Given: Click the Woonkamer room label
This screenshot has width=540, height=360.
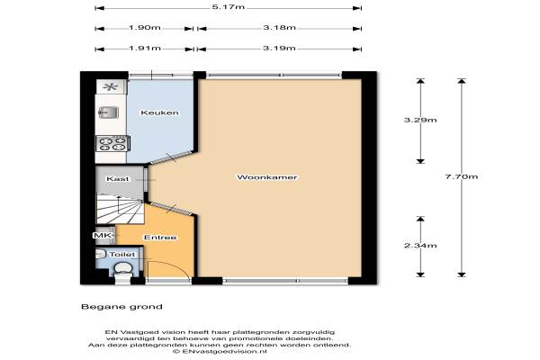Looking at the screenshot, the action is coord(267,177).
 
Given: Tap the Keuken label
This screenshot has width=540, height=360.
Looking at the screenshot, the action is coord(160,112).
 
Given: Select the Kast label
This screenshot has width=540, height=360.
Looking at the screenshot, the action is coord(117,179).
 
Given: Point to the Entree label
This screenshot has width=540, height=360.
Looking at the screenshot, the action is coord(160,238).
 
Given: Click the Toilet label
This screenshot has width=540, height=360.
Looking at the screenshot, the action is coord(122,255).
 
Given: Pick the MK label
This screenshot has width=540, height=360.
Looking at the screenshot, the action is coord(103,235).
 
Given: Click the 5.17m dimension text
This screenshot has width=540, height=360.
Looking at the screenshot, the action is coord(229,7).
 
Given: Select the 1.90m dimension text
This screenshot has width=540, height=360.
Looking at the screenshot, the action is coord(145,28).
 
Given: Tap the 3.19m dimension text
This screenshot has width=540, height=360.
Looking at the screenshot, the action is coord(279,49).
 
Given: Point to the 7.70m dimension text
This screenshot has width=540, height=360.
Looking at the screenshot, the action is coord(462,176).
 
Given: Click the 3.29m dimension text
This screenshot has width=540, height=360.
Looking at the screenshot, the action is coord(420,120).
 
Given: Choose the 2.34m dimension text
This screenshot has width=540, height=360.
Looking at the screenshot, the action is coord(420,246).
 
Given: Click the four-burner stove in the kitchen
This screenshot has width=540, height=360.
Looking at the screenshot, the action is coord(112,143).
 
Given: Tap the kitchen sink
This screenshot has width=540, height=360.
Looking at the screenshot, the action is coord(109,112).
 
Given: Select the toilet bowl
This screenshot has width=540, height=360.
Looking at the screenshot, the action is coord(123,269).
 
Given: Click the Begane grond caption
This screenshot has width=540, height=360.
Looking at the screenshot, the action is coord(121,307).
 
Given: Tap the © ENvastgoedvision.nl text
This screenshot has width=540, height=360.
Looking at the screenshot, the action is coord(220,352).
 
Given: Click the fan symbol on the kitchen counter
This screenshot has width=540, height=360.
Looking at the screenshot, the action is coord(111,86).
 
